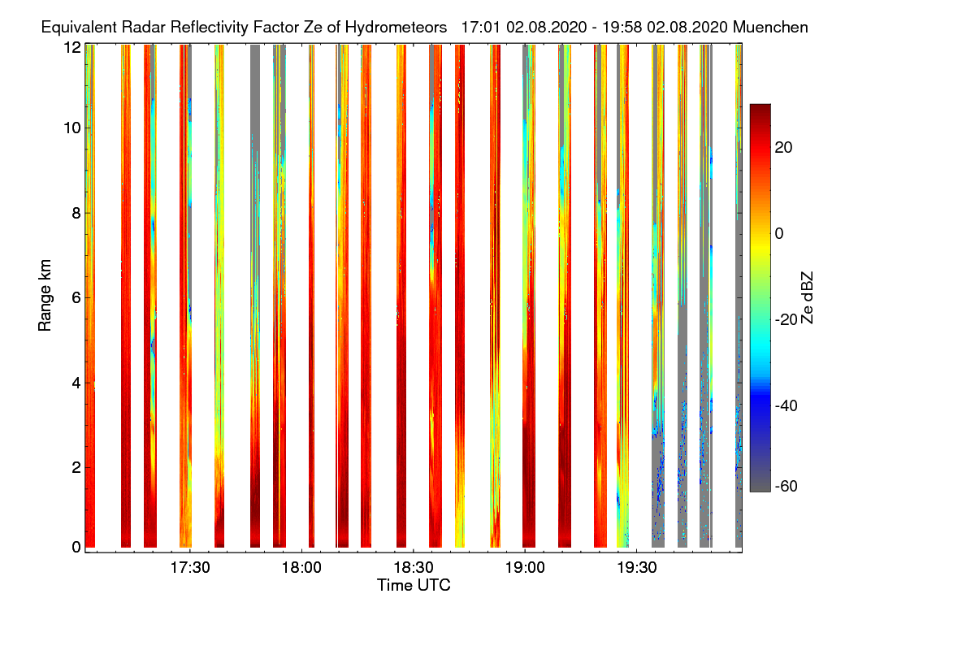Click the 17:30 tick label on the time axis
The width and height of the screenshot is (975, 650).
click(189, 567)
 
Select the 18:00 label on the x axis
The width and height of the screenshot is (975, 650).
click(301, 567)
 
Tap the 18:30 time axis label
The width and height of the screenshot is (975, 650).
click(413, 567)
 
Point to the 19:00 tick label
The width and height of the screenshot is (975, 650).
click(525, 567)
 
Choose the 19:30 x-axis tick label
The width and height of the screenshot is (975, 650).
click(636, 567)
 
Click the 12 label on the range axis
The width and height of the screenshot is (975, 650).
click(71, 47)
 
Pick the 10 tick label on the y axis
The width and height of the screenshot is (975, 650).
click(71, 128)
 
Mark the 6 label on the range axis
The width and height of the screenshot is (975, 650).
click(76, 297)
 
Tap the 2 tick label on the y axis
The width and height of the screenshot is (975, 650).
click(76, 467)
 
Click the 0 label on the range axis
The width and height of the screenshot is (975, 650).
click(76, 547)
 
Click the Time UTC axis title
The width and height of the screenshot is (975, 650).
click(414, 585)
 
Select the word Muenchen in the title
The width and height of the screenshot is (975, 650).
click(770, 27)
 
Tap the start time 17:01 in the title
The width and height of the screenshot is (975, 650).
click(479, 27)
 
